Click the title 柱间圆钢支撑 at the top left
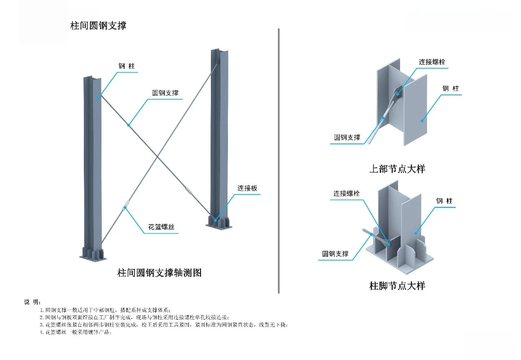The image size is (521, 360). coord(99,25)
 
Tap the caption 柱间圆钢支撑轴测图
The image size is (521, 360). coord(160,272)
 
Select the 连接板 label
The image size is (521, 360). coord(247,188)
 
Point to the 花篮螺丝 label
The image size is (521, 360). coord(161,227)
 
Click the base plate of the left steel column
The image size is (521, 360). coord(93,257)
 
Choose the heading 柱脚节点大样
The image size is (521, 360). coord(397,286)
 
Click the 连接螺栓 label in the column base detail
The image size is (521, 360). coord(347,193)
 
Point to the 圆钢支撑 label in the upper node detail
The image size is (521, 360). coord(347,137)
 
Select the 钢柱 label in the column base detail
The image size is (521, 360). coord(444,201)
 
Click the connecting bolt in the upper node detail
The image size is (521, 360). coord(398,94)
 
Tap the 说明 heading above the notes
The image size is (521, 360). coord(32,302)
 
